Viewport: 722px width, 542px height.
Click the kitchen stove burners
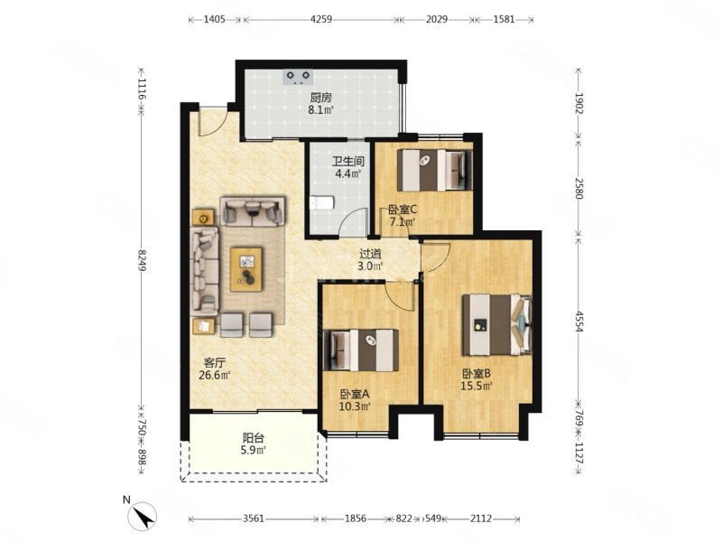[x=298, y=77]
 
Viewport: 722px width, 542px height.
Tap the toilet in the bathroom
[x=321, y=202]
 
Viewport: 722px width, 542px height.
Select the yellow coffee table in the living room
[x=246, y=269]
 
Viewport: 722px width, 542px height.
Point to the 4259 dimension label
[x=321, y=19]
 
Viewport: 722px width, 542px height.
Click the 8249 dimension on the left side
[x=142, y=260]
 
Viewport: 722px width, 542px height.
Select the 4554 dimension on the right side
[x=579, y=322]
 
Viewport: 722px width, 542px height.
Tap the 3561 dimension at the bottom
[x=254, y=519]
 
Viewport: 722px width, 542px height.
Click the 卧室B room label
[x=477, y=373]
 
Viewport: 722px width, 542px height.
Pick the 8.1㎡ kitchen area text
[x=321, y=109]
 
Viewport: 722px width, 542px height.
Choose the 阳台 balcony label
[x=254, y=438]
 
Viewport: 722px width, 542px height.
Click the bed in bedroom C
[x=435, y=170]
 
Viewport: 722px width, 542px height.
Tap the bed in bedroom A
[x=362, y=350]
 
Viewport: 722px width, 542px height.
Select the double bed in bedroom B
[x=497, y=325]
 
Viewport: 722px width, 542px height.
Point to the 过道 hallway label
[x=371, y=254]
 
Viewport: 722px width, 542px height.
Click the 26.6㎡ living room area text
[x=214, y=375]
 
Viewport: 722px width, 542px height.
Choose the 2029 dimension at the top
[x=437, y=19]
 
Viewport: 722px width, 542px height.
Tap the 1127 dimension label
[x=579, y=453]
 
